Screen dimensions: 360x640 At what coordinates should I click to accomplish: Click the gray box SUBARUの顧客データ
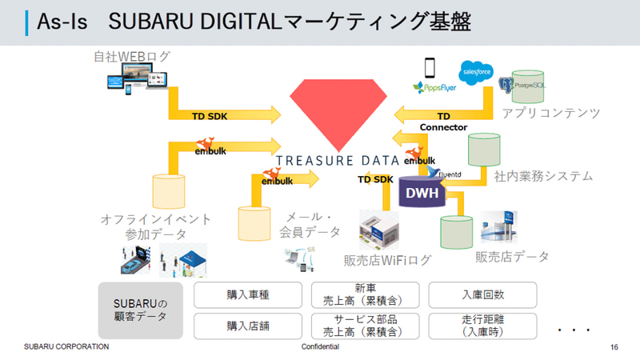[141, 310]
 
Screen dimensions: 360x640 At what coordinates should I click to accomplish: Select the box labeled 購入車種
[248, 295]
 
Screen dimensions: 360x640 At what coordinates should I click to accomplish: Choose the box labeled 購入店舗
[248, 326]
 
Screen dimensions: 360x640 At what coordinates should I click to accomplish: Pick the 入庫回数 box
[482, 295]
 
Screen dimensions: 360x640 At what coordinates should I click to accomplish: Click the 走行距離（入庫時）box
[482, 326]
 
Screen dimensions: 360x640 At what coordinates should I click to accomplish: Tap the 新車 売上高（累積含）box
[365, 295]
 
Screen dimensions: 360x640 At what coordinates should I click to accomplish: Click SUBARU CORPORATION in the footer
[66, 347]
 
